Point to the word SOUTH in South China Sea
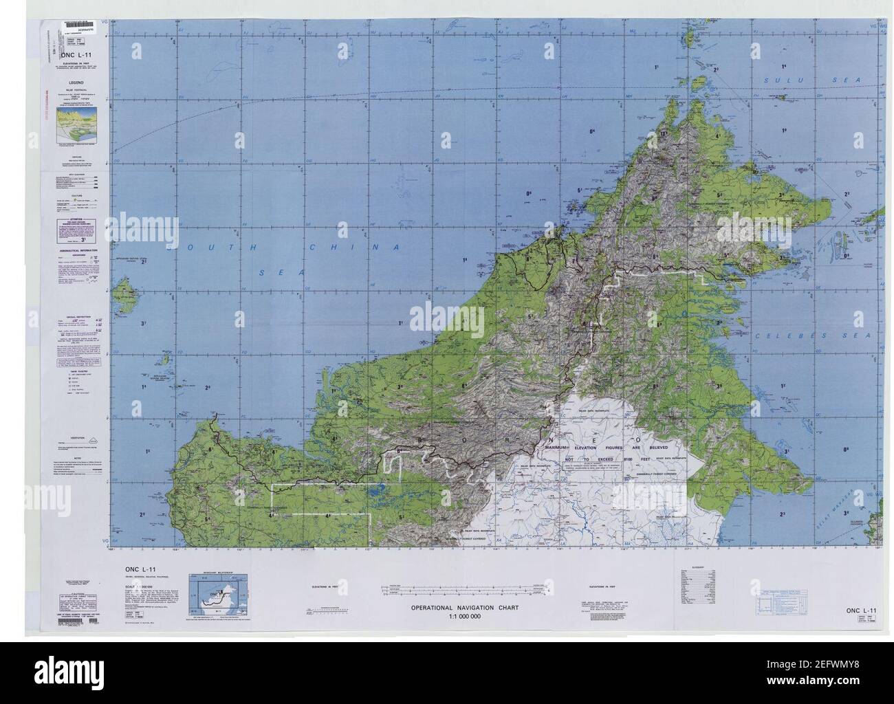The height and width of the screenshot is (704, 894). coord(207,247)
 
